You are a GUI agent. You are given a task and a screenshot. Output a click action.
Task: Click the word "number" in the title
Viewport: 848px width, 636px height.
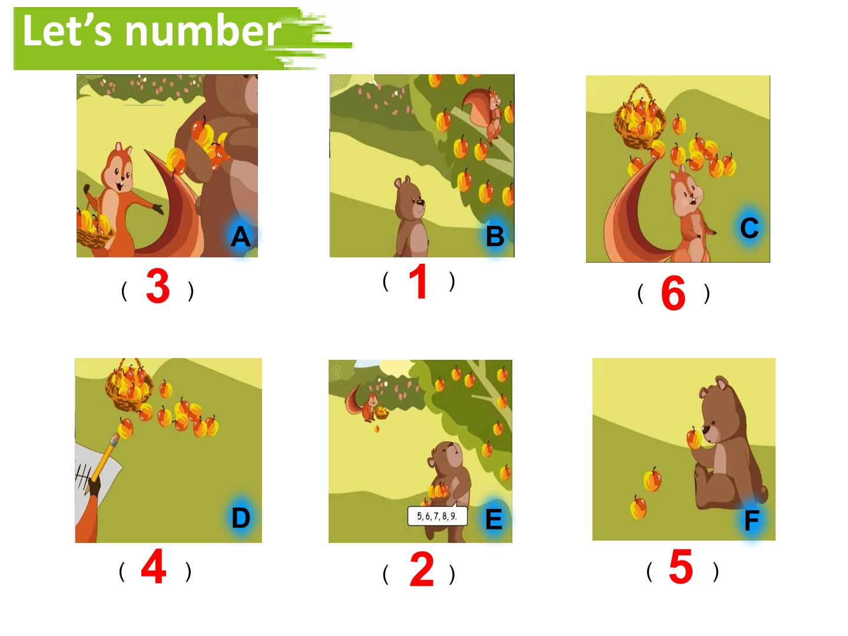[x=203, y=31]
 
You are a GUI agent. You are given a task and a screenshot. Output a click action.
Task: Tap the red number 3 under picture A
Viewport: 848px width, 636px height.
[x=158, y=286]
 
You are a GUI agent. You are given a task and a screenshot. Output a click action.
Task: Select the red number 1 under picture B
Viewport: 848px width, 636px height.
[x=418, y=281]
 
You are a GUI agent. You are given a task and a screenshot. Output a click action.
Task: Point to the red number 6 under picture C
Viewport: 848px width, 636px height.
[x=673, y=293]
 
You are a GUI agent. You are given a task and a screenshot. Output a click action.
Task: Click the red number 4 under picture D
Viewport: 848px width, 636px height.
[x=153, y=567]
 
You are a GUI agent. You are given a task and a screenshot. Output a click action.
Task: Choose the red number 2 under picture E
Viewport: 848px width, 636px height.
[x=422, y=569]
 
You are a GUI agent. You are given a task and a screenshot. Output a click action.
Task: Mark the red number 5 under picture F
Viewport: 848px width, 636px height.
[x=681, y=567]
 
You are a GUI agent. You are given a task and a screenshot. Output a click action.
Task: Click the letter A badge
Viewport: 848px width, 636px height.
[x=240, y=236]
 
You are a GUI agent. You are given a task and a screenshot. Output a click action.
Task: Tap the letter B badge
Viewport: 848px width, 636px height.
[x=495, y=236]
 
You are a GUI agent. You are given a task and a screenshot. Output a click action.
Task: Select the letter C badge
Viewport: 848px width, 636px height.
[x=750, y=228]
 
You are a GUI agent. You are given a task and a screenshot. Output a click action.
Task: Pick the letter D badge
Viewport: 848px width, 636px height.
[x=241, y=518]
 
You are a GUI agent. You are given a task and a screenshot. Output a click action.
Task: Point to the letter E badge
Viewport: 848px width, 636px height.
[x=494, y=519]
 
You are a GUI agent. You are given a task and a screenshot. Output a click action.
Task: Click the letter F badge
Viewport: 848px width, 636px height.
[x=751, y=520]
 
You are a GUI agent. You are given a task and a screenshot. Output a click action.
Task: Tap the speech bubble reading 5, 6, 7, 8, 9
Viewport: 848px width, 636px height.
[x=437, y=516]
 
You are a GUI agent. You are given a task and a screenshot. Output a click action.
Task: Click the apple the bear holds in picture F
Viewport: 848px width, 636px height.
[x=695, y=439]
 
